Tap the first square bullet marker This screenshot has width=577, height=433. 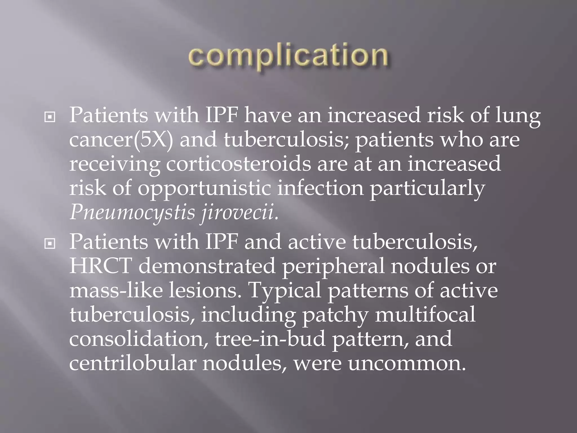(x=50, y=117)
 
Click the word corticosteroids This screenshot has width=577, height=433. (x=238, y=164)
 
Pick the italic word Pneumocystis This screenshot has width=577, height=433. (x=132, y=213)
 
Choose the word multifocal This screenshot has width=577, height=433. (x=425, y=315)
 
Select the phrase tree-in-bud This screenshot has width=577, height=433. (x=270, y=339)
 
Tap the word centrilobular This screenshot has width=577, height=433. (x=132, y=363)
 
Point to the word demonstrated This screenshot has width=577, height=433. (x=207, y=266)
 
